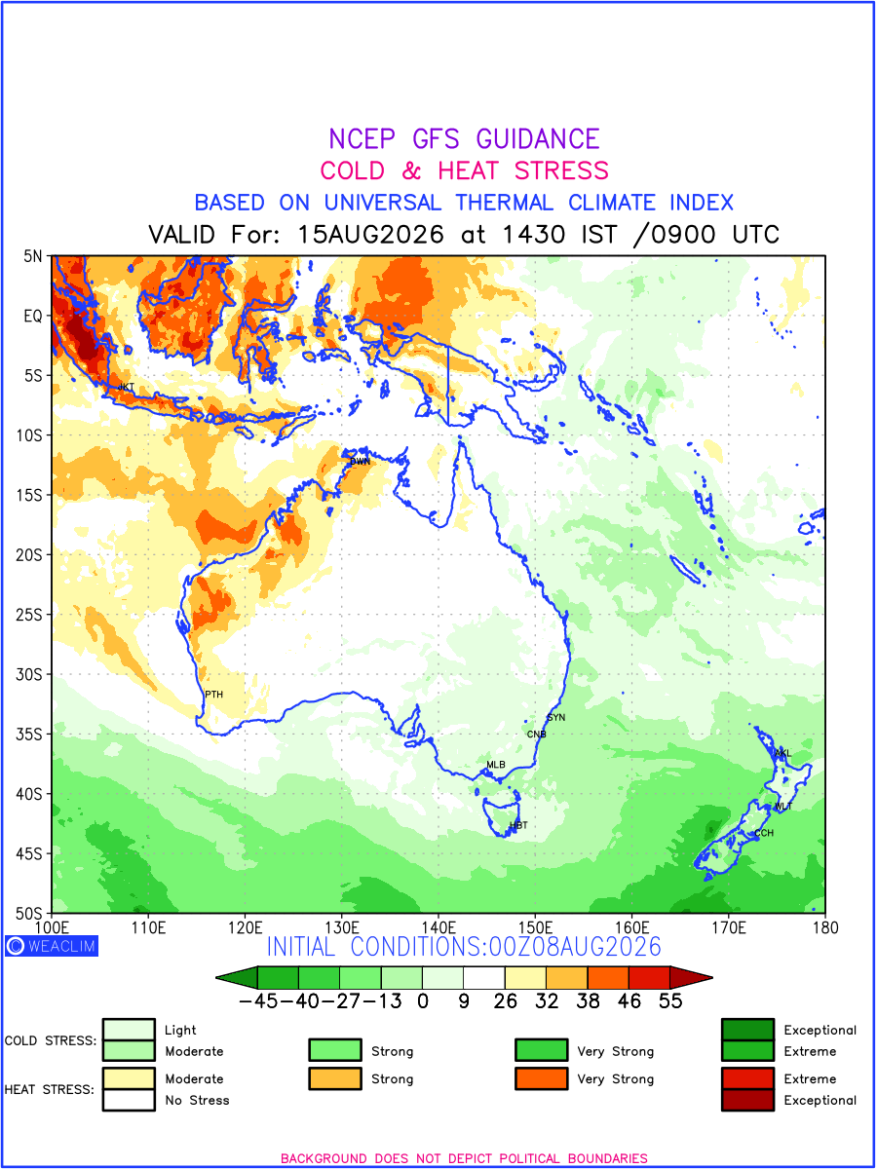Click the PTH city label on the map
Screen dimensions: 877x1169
(213, 694)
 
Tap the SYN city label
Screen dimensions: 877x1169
(555, 717)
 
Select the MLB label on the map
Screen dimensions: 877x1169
(495, 765)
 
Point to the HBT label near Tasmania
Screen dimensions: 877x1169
(518, 825)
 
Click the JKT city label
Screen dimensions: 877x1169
(126, 386)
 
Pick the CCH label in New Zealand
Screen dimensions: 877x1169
(764, 832)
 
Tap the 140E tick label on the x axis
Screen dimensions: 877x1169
(438, 927)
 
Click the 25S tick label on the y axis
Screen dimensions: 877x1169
(29, 615)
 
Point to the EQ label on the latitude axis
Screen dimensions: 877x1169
(32, 316)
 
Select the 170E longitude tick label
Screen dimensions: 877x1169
(729, 927)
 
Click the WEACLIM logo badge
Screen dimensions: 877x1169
(52, 945)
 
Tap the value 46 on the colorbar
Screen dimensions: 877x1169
(629, 1000)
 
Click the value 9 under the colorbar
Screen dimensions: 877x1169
(464, 1000)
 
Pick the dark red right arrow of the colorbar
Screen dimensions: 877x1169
(691, 977)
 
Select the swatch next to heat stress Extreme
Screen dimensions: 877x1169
(747, 1078)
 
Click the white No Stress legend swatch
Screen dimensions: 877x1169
(129, 1099)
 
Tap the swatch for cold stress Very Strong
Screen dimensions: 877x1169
(541, 1050)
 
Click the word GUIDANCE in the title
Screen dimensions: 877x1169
(538, 138)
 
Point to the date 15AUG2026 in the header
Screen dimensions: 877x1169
(370, 234)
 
